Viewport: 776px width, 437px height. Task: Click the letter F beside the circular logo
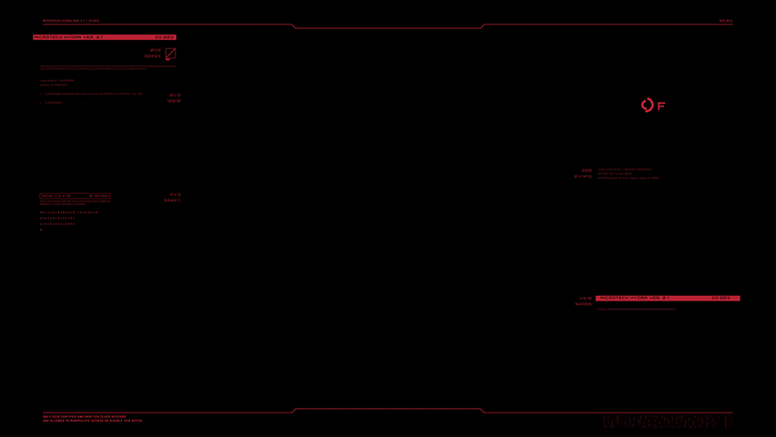tap(661, 107)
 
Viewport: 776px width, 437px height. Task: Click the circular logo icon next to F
tap(647, 106)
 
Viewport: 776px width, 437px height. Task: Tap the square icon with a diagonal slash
tap(170, 54)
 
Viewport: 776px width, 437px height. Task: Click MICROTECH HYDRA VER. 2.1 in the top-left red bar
tap(69, 37)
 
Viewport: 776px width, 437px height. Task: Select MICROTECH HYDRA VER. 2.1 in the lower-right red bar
tap(634, 298)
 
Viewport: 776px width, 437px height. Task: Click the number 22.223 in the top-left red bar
tap(165, 37)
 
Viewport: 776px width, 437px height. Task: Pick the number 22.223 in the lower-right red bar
tap(721, 298)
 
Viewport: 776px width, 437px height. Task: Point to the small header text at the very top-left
tap(71, 21)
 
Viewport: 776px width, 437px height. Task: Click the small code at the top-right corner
tap(725, 21)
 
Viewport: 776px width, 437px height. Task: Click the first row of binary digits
tap(68, 212)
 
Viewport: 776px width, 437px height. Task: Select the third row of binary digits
tap(57, 224)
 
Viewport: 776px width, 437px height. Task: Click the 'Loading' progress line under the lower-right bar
tap(637, 310)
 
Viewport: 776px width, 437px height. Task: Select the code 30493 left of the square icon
tap(152, 56)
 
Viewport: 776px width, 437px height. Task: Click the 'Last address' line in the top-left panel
tap(57, 81)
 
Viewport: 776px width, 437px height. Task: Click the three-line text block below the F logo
tap(628, 174)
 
